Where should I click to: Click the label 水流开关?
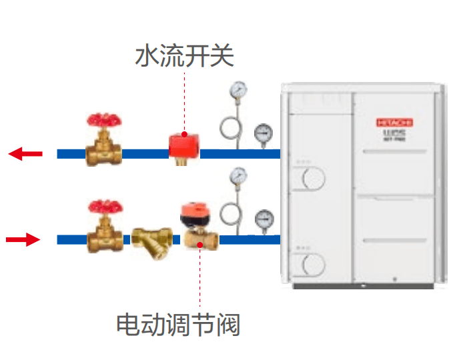(x=185, y=56)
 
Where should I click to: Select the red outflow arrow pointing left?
(x=25, y=154)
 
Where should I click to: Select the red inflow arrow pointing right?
(x=23, y=239)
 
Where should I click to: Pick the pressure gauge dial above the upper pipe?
(x=237, y=89)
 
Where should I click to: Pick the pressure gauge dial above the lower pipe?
(x=238, y=175)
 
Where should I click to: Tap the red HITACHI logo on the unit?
(x=395, y=123)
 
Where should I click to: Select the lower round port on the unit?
(x=310, y=265)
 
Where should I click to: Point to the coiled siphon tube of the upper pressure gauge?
(x=231, y=127)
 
